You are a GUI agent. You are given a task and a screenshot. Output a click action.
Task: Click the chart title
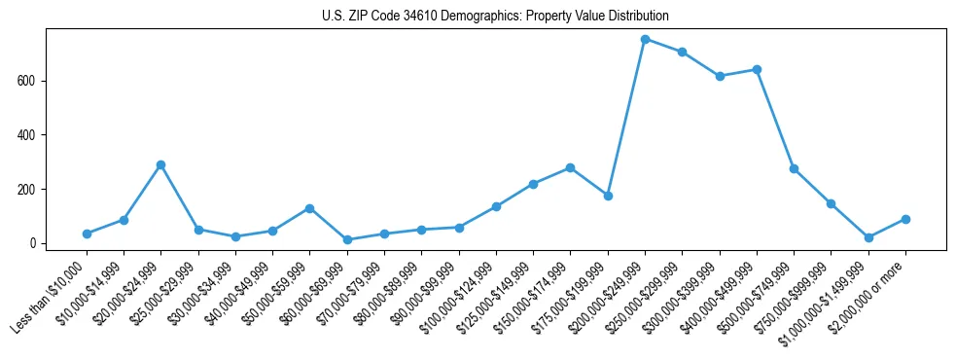pos(495,17)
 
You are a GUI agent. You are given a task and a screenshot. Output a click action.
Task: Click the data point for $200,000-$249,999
pos(645,39)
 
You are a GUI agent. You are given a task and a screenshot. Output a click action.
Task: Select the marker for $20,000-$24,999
pos(160,164)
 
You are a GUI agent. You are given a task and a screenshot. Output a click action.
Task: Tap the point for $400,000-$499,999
pos(757,69)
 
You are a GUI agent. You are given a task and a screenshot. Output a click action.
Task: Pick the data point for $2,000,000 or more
pos(905,219)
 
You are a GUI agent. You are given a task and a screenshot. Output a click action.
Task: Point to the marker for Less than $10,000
pos(87,234)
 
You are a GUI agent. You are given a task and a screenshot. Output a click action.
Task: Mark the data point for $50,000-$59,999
pos(309,208)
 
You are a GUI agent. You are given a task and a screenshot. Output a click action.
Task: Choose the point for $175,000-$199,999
pos(608,196)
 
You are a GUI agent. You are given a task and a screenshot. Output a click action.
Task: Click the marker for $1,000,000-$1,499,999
pos(868,237)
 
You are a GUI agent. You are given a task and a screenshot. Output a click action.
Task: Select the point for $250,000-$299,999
pos(682,52)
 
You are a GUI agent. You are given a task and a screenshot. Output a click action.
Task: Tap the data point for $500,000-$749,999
pos(794,168)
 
